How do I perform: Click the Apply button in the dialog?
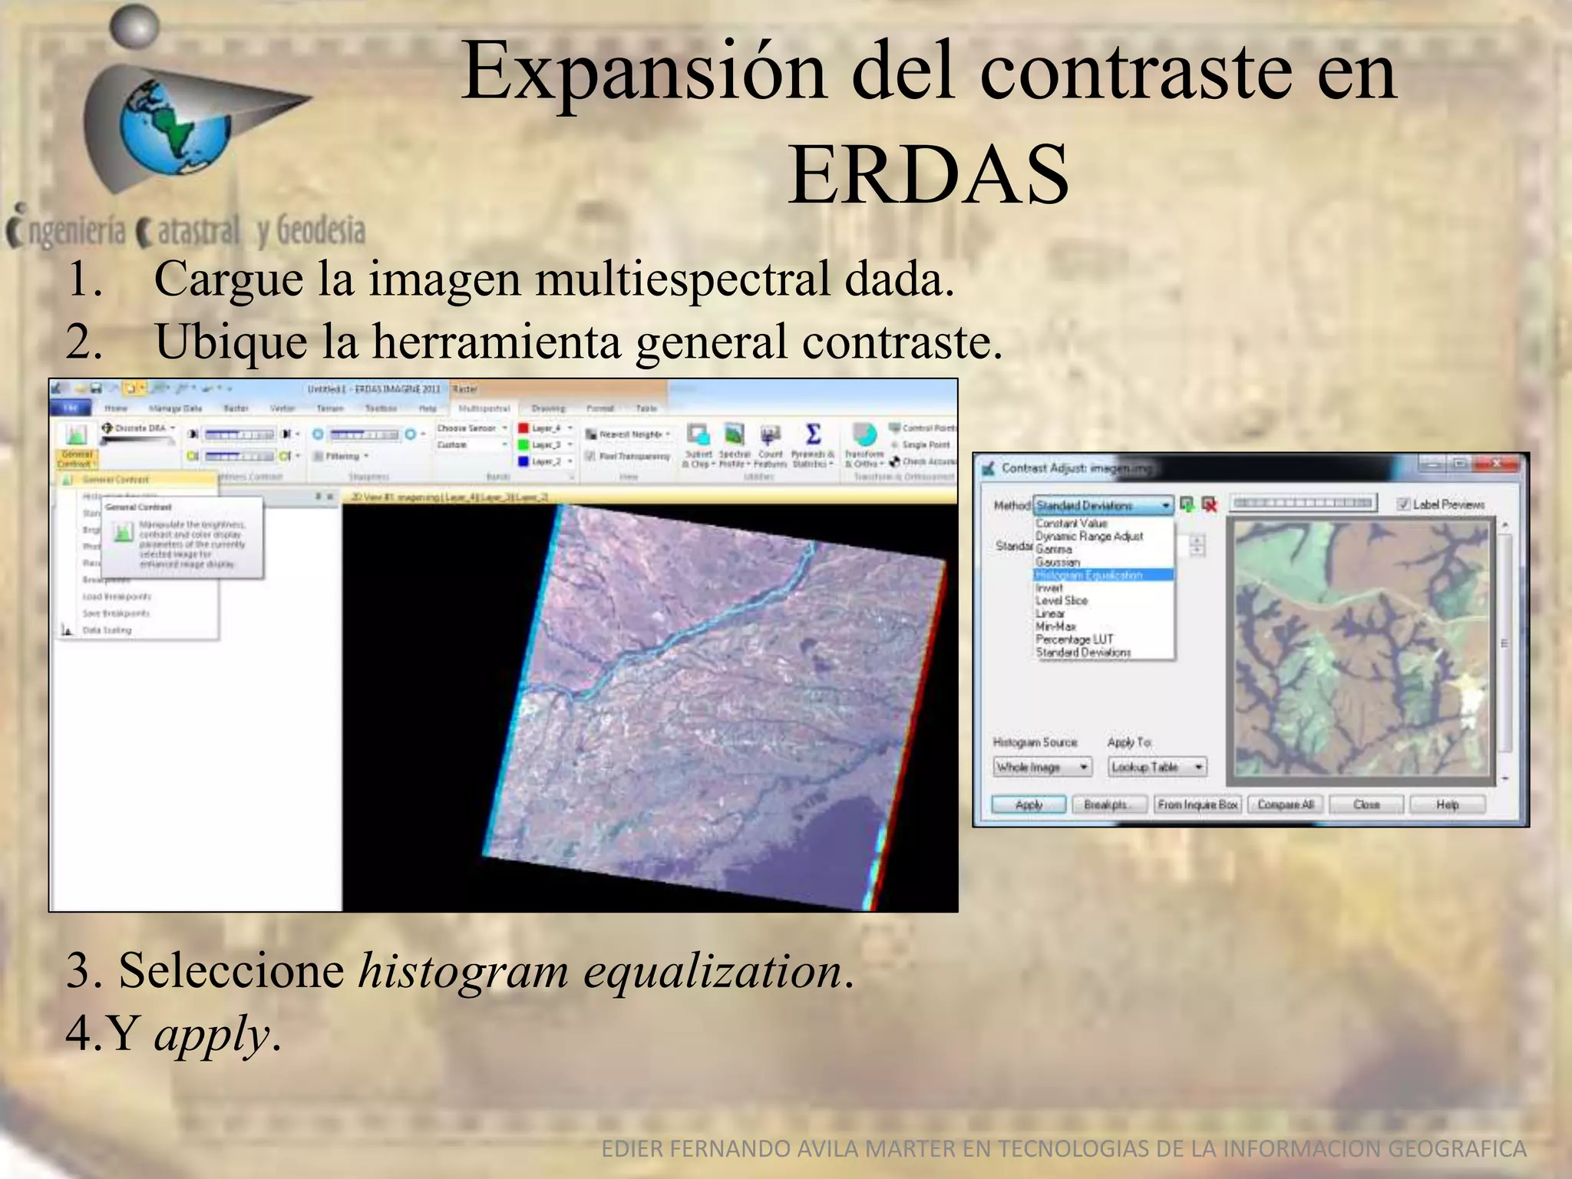(1029, 804)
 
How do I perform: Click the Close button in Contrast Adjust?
(1366, 804)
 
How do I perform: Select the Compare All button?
(1285, 804)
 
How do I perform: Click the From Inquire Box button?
(1197, 804)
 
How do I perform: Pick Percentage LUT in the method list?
(1074, 639)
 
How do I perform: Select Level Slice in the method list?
(1062, 600)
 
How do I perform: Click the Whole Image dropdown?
(1042, 767)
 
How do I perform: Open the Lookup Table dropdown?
(1157, 767)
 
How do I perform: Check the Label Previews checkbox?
(1403, 504)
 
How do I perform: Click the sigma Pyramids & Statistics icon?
(813, 435)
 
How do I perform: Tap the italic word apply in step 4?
(211, 1034)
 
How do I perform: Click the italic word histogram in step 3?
(463, 971)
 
